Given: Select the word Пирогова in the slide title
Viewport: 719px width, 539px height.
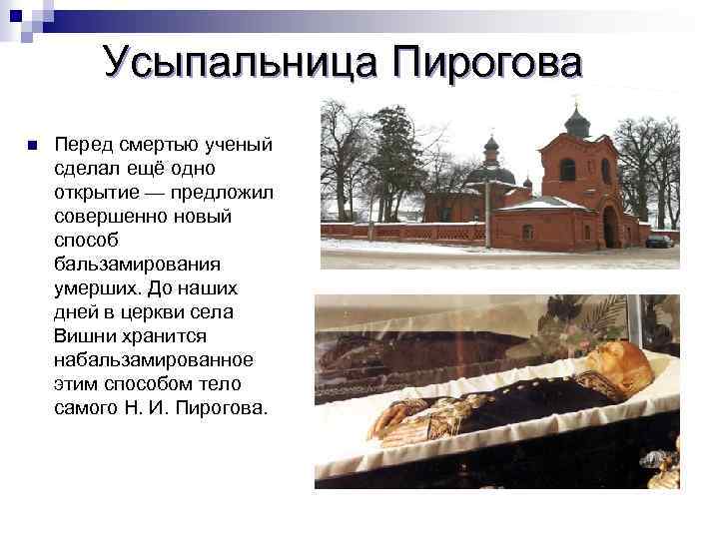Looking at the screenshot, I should pos(485,63).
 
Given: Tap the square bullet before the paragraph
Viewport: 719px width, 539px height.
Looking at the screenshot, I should pos(32,146).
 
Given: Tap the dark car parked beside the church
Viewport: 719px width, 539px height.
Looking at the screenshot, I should pos(659,241).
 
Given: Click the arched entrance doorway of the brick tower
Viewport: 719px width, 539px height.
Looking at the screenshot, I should pos(610,227).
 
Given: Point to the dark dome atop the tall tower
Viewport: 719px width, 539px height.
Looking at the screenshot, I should pos(578,123).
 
